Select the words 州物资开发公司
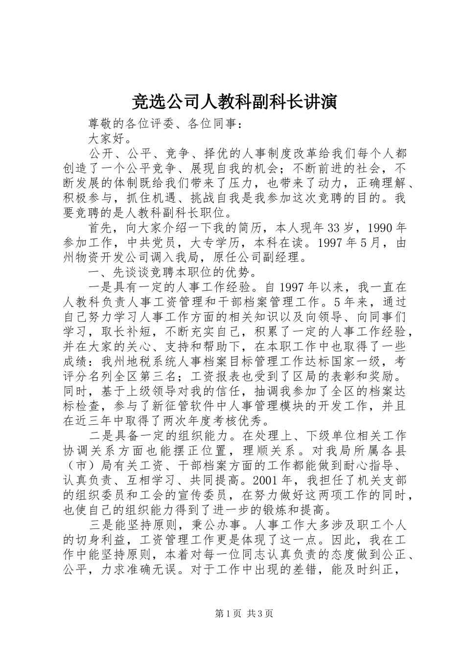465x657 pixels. point(106,258)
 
